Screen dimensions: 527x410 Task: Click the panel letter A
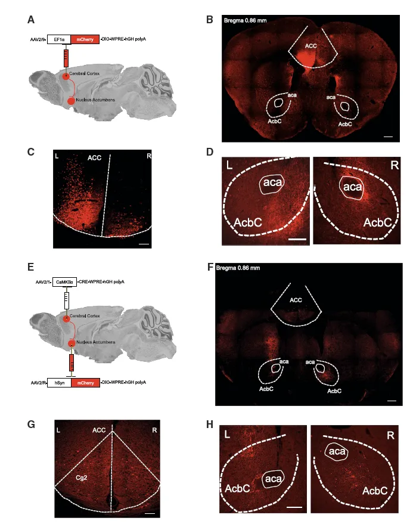pyautogui.click(x=31, y=20)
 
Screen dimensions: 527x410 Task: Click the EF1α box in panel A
pyautogui.click(x=58, y=39)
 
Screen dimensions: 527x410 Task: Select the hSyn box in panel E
pyautogui.click(x=58, y=381)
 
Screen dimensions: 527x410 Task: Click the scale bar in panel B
pyautogui.click(x=388, y=137)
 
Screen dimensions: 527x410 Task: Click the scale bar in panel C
pyautogui.click(x=145, y=243)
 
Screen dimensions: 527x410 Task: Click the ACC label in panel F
pyautogui.click(x=296, y=300)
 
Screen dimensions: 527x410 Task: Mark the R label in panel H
pyautogui.click(x=390, y=436)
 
